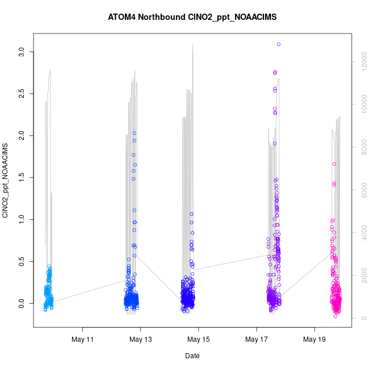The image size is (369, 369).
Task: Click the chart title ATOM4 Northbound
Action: tap(192, 17)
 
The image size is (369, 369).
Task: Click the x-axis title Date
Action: tap(192, 356)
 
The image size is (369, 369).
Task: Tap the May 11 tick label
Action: tap(83, 340)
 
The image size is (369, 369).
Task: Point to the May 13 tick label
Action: tap(141, 340)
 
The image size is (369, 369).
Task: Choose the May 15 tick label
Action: tap(199, 340)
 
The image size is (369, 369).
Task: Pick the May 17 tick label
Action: tap(257, 340)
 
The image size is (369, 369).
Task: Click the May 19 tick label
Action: tap(315, 340)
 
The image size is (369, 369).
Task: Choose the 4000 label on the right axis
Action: tap(361, 233)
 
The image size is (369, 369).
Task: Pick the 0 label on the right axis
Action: tap(361, 318)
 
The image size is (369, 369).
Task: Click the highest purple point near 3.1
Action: tap(279, 44)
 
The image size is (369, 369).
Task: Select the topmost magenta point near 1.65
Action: tap(334, 164)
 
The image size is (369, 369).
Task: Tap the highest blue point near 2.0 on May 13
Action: tap(135, 133)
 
